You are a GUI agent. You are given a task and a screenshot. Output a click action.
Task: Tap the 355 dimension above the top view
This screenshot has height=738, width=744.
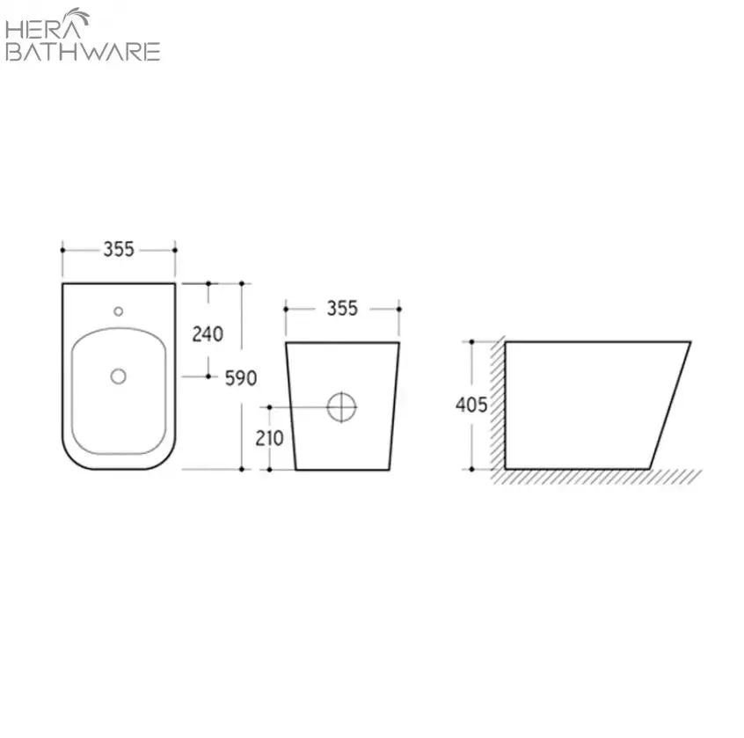click(119, 250)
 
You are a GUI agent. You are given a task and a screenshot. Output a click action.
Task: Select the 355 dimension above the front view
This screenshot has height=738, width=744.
click(342, 308)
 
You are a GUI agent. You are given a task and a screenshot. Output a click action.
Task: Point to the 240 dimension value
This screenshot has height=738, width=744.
click(208, 334)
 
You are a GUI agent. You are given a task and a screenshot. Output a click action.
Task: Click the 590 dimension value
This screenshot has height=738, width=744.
click(240, 378)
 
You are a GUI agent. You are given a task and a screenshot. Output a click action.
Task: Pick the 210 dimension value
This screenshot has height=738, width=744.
click(269, 437)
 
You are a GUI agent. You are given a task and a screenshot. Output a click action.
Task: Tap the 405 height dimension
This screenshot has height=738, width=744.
click(471, 405)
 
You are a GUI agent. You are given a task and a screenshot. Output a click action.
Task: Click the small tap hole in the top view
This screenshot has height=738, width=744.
click(119, 311)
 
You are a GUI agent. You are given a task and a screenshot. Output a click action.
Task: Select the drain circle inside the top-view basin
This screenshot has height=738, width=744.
click(119, 376)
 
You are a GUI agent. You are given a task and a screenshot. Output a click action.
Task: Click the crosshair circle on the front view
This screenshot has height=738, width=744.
click(342, 406)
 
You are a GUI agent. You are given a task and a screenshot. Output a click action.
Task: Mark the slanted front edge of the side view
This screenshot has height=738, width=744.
click(670, 405)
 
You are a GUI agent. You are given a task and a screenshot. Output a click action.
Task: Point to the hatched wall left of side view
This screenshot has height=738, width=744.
click(498, 405)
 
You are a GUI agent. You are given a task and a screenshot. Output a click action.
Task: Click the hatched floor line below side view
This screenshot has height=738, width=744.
click(598, 476)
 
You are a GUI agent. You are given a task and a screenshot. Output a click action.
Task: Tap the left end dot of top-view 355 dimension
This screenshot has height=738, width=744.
click(62, 250)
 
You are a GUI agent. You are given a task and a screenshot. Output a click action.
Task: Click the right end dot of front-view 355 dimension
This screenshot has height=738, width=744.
click(398, 308)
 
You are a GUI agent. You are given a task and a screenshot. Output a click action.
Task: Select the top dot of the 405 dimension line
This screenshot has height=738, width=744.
click(472, 341)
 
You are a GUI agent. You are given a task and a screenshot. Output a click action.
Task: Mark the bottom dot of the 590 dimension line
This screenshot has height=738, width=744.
click(242, 469)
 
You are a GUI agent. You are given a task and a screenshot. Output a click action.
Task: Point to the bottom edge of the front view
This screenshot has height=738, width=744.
click(342, 469)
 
